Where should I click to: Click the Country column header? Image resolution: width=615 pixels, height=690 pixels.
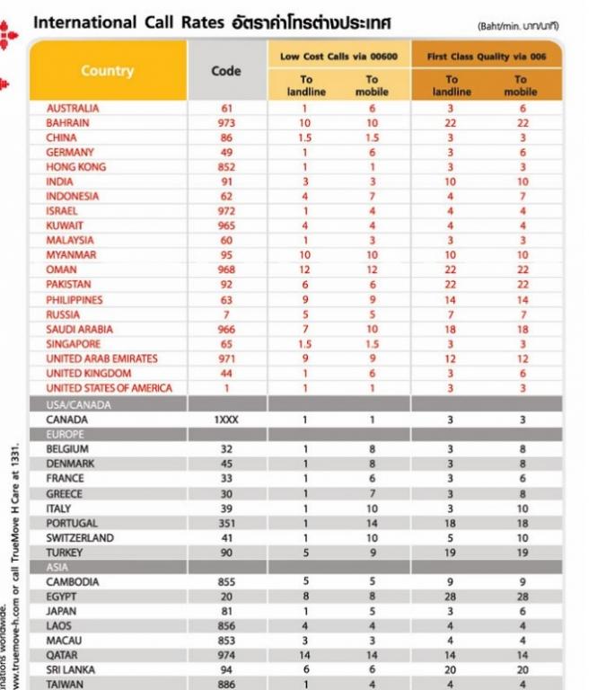pos(107,71)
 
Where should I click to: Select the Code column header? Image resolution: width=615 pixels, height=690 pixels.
pos(226,71)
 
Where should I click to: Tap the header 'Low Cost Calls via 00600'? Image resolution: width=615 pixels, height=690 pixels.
pos(338,56)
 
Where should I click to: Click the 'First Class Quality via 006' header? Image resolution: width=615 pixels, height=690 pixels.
pos(486,56)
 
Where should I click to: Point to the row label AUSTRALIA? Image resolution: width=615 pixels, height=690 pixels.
pos(73,108)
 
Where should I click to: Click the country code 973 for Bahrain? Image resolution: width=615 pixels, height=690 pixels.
pos(226,122)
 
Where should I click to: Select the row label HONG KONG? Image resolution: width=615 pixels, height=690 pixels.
pos(76,167)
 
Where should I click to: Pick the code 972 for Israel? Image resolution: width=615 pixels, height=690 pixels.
pos(226,211)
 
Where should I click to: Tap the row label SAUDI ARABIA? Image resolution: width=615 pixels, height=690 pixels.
pos(80,330)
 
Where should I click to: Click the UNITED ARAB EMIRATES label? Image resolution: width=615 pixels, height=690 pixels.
pos(101,358)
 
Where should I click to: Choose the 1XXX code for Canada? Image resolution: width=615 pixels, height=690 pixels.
pos(226,420)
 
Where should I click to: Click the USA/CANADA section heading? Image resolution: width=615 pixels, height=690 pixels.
pos(79,404)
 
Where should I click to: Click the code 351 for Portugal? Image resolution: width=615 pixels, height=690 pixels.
pos(226,523)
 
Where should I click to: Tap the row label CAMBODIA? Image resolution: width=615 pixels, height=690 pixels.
pos(73,581)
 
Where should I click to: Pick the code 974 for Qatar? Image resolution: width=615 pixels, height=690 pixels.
pos(226,656)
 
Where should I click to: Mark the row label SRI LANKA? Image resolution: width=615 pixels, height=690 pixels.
pos(73,670)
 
